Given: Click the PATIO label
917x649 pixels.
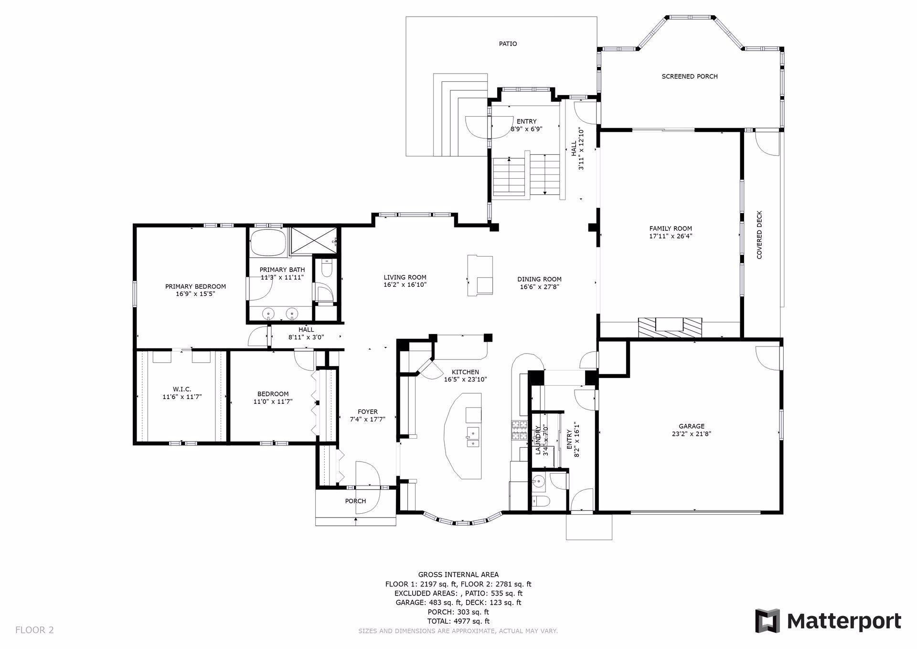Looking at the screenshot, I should (x=508, y=43).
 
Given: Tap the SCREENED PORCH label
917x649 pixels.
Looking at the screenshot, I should (x=689, y=76).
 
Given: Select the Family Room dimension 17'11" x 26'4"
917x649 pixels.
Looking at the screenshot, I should (x=671, y=236).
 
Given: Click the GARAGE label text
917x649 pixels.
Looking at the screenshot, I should (x=692, y=426).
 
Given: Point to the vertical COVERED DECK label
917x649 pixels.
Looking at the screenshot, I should (x=759, y=235).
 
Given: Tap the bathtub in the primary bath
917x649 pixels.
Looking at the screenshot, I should (x=268, y=242).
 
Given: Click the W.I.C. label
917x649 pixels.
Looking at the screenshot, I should (x=182, y=389).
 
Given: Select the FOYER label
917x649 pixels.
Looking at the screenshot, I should (x=367, y=411).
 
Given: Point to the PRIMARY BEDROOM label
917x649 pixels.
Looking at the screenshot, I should (x=195, y=287).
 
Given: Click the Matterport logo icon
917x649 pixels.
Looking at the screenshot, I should (x=767, y=621).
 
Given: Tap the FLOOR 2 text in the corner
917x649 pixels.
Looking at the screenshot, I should (x=34, y=630).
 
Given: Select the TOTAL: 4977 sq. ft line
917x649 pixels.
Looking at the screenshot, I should (x=458, y=621).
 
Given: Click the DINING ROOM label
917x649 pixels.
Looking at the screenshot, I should (x=539, y=279).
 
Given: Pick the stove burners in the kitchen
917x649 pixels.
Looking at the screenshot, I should (x=519, y=430).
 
